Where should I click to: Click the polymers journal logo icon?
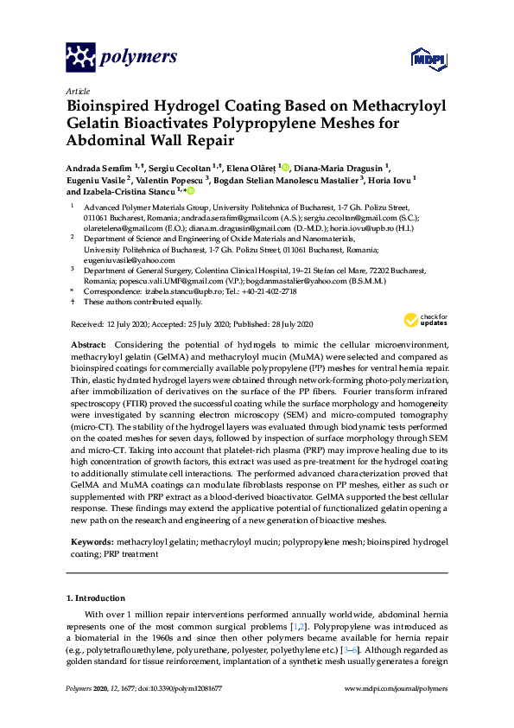pyautogui.click(x=81, y=58)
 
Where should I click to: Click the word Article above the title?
pyautogui.click(x=76, y=90)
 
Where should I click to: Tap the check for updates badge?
pyautogui.click(x=425, y=322)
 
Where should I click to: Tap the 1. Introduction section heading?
pyautogui.click(x=96, y=597)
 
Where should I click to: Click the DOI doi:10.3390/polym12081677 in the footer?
pyautogui.click(x=168, y=688)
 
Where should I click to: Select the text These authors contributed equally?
pyautogui.click(x=130, y=302)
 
